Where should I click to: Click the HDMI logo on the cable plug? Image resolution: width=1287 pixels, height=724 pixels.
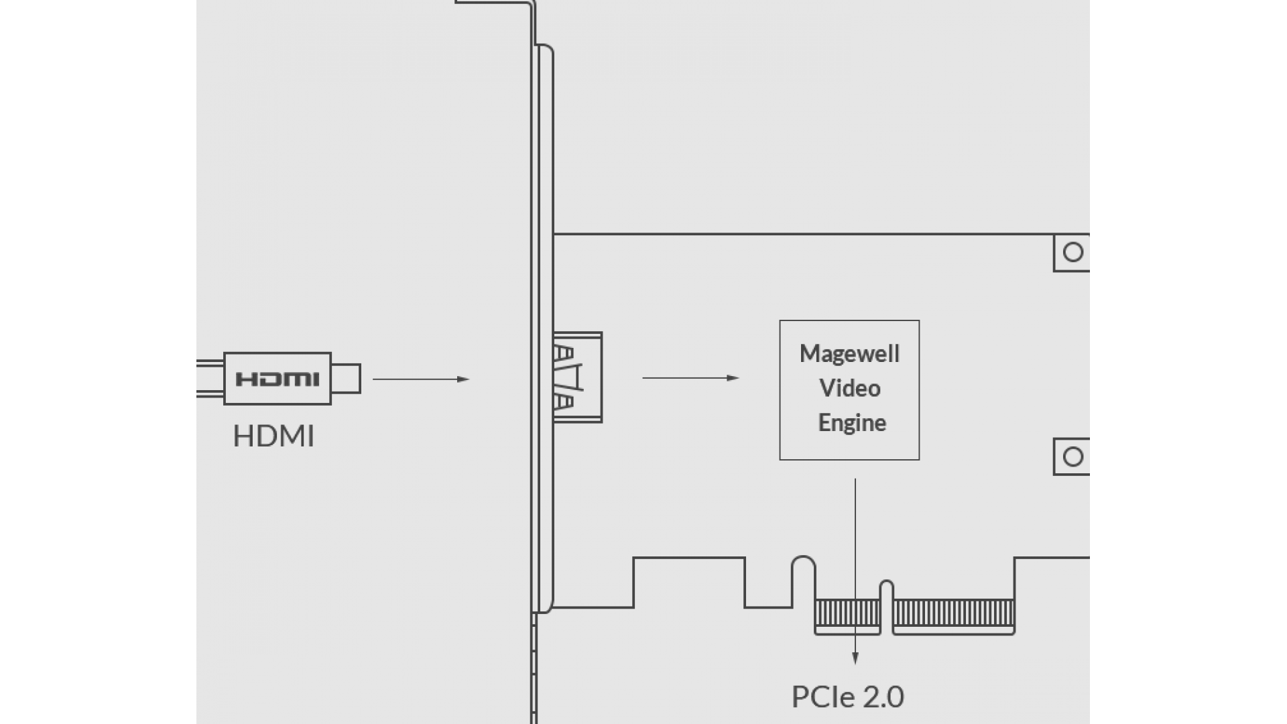[277, 379]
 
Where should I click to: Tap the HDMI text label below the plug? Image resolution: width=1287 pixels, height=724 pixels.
[273, 436]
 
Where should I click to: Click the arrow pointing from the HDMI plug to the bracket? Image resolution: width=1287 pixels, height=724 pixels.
[420, 379]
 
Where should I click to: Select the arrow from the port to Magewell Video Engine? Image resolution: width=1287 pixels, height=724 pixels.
[690, 378]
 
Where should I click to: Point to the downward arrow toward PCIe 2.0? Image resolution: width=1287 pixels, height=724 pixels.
[855, 570]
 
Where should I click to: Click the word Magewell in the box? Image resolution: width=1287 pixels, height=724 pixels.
[849, 354]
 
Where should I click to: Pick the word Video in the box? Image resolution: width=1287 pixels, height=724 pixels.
[849, 388]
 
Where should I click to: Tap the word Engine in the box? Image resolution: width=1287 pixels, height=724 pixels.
[852, 423]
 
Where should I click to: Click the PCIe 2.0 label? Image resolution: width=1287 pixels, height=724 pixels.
[847, 697]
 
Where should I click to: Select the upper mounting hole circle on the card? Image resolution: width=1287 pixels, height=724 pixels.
[1073, 252]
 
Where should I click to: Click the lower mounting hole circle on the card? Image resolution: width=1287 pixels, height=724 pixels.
[1073, 457]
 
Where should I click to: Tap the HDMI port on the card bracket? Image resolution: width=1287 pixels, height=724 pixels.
[577, 377]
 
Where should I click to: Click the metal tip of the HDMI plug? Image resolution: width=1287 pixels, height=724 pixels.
[346, 379]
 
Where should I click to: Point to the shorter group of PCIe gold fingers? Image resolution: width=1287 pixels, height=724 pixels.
[847, 613]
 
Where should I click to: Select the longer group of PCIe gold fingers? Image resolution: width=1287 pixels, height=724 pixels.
[953, 613]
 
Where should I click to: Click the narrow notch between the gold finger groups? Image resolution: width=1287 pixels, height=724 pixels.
[886, 607]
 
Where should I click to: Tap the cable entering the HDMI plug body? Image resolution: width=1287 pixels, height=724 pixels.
[210, 379]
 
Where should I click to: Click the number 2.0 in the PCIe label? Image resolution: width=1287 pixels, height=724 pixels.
[883, 697]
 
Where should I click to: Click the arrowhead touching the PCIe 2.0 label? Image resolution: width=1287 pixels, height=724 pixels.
[855, 659]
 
